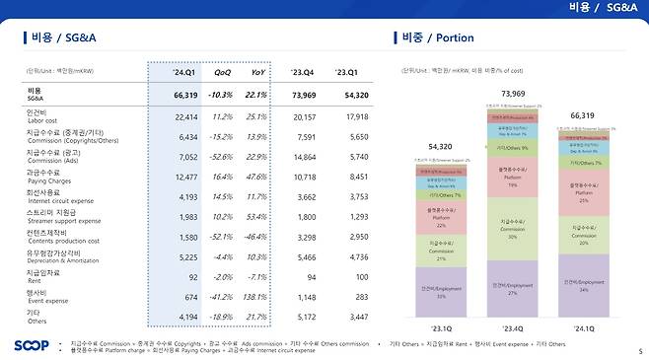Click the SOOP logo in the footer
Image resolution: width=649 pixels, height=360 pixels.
(x=32, y=344)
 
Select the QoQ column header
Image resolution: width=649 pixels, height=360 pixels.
(x=223, y=73)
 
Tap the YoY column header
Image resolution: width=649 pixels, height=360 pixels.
(x=258, y=73)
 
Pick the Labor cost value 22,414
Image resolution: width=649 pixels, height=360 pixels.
(x=185, y=116)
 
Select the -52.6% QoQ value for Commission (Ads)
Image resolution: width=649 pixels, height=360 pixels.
(x=220, y=156)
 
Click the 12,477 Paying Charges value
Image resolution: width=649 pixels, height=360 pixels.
(x=185, y=177)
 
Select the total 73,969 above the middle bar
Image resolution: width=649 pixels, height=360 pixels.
(x=513, y=94)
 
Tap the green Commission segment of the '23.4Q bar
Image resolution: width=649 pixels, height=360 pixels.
(x=513, y=235)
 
